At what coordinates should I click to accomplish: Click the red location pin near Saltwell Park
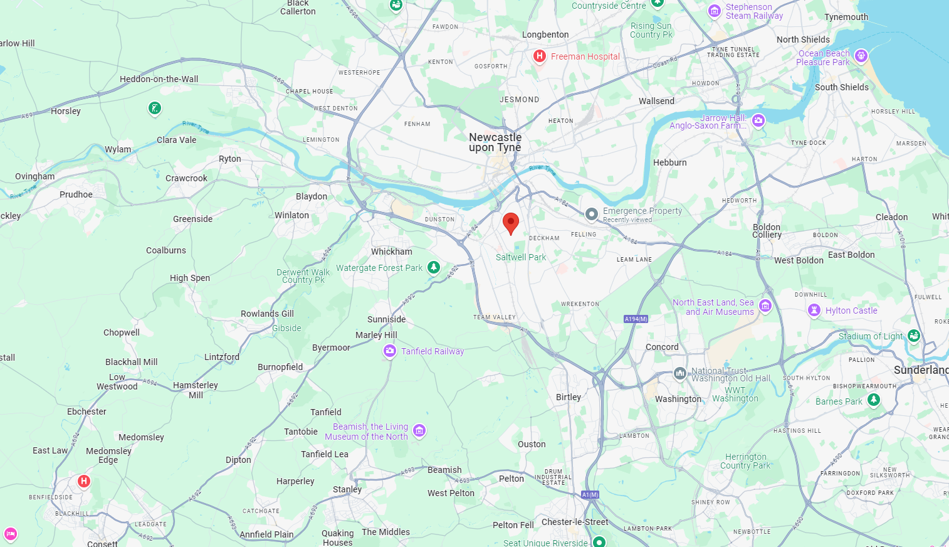click(511, 223)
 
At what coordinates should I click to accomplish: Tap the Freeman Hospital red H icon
click(539, 56)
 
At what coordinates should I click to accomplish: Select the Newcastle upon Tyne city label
click(495, 142)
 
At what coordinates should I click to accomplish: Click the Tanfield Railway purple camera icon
click(390, 351)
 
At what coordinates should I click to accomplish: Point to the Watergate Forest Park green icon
click(434, 267)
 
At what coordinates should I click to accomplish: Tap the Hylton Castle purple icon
click(814, 310)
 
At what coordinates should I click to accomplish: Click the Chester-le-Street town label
click(575, 522)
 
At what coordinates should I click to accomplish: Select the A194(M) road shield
click(636, 319)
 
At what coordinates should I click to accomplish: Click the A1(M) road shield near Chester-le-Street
click(590, 495)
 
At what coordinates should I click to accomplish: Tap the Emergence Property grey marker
click(591, 215)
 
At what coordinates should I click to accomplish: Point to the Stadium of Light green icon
click(914, 336)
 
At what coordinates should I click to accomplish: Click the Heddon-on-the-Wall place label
click(159, 79)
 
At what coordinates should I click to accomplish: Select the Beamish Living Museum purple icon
click(419, 430)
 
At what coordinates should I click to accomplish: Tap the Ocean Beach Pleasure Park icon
click(861, 56)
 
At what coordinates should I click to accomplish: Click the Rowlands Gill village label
click(267, 314)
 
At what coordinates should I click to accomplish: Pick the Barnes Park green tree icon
click(874, 400)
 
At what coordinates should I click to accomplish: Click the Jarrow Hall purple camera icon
click(758, 120)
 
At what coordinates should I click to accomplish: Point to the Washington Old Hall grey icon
click(680, 374)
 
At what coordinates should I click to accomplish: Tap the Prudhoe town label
click(76, 194)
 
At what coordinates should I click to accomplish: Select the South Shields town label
click(841, 87)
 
